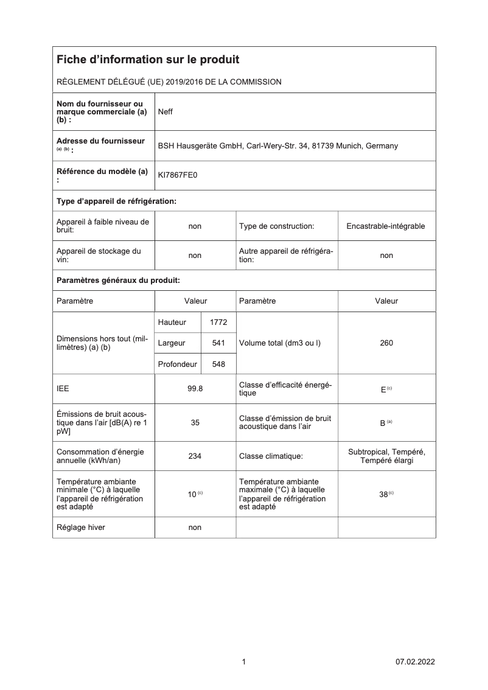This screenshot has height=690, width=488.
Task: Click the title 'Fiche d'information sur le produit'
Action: click(x=148, y=60)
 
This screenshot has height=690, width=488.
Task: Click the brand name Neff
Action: click(x=166, y=112)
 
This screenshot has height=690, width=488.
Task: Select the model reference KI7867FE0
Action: click(x=178, y=175)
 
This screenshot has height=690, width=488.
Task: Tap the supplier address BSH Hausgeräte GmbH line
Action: click(x=277, y=146)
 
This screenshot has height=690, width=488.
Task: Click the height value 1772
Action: click(x=218, y=322)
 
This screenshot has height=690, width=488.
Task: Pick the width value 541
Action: click(x=218, y=343)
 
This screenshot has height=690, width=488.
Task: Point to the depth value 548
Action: click(x=218, y=364)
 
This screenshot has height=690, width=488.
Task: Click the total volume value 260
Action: click(x=386, y=343)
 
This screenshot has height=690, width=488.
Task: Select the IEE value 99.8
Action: click(x=195, y=389)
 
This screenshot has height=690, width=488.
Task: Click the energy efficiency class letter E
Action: click(x=383, y=389)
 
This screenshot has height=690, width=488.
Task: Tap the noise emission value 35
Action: click(x=195, y=422)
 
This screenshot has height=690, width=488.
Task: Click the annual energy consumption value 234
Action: click(x=195, y=455)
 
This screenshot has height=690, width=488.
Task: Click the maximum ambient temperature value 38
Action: click(x=383, y=495)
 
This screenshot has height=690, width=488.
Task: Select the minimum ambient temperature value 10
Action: click(x=192, y=495)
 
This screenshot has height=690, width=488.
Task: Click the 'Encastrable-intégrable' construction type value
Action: click(x=386, y=226)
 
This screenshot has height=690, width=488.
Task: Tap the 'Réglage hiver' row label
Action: click(x=80, y=528)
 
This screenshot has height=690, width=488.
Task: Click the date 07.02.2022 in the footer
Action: click(x=415, y=662)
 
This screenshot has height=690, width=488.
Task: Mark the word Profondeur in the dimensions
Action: click(x=177, y=364)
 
